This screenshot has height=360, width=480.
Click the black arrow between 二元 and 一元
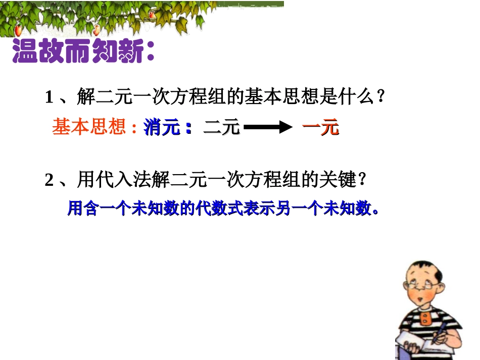[268, 128]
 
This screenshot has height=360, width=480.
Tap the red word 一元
[320, 128]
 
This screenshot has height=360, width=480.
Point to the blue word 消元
[162, 128]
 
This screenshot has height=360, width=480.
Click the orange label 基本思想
[89, 127]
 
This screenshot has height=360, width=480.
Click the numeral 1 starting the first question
[49, 96]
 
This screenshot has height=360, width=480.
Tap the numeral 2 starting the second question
[49, 180]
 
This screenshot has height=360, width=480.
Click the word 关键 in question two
[340, 180]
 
